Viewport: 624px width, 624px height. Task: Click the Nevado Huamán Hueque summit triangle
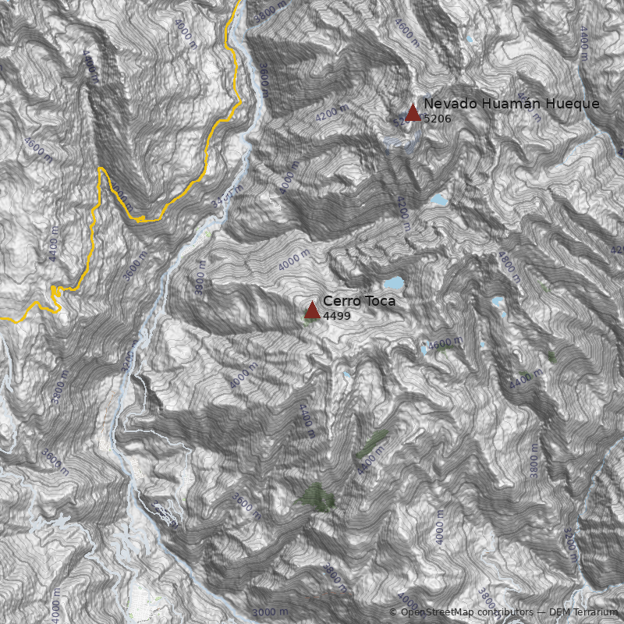413,113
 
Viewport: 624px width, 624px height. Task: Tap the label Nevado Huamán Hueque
511,104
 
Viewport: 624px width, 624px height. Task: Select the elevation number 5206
437,119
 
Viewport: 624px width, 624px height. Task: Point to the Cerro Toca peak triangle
312,310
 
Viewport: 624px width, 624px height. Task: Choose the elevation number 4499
337,316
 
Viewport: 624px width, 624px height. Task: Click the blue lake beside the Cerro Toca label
392,282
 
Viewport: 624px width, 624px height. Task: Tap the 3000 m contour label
270,612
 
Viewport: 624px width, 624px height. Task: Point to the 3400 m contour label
227,197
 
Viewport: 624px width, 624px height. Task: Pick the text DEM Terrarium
583,612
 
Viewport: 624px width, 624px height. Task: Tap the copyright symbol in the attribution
392,612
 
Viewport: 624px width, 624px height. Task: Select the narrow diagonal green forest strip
370,444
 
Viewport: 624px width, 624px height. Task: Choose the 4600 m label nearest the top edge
407,33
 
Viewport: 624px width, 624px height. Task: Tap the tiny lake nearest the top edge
469,39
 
